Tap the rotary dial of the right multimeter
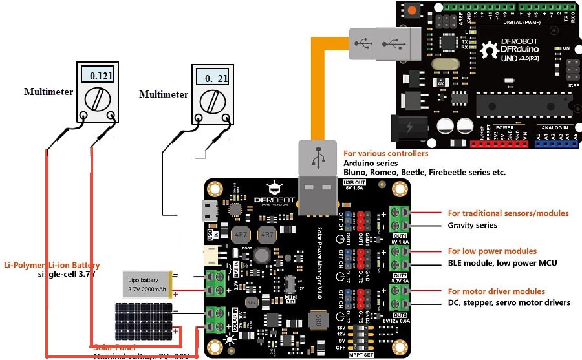click(x=212, y=101)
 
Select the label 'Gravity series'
click(x=473, y=225)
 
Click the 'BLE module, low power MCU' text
click(x=502, y=263)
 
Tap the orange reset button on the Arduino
click(x=411, y=10)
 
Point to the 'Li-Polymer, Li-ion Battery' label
click(x=52, y=265)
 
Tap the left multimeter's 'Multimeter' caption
click(x=48, y=92)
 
